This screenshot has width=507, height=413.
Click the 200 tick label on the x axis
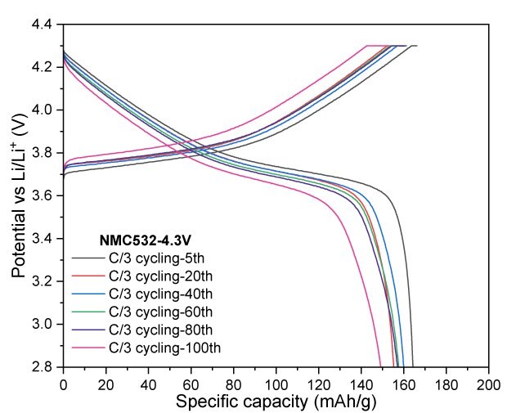click(488, 382)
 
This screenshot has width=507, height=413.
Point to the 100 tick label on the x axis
click(276, 382)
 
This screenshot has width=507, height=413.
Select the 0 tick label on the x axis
click(63, 382)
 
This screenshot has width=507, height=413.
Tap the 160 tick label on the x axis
click(403, 382)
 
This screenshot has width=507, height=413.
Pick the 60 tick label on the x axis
click(191, 382)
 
